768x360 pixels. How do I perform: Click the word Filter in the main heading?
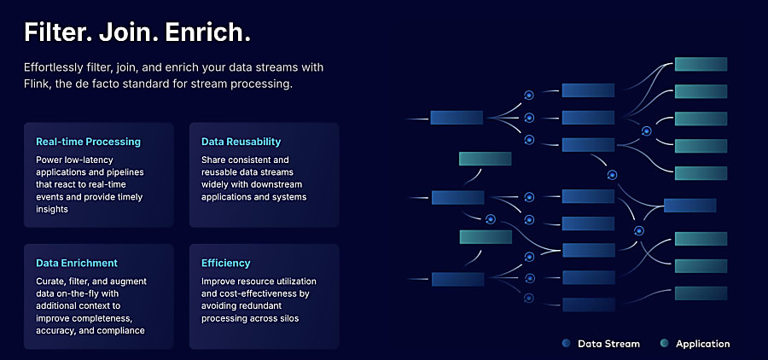pos(57,32)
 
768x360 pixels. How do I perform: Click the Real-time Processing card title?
pos(88,142)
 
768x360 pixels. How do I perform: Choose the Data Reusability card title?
pos(241,142)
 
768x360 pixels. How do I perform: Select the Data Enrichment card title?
pos(77,263)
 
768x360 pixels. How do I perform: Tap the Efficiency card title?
pos(226,263)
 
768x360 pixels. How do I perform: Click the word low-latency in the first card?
pos(87,160)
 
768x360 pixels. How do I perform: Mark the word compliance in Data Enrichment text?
pos(119,330)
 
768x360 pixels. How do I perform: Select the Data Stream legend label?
pos(608,344)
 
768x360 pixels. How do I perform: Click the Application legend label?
pos(702,344)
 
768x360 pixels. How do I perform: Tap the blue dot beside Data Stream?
pos(566,344)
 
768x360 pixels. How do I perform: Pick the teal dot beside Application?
pos(664,344)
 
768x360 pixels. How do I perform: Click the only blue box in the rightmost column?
pos(689,205)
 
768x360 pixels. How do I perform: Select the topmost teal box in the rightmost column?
pos(701,64)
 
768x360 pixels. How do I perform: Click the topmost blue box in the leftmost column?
pos(457,118)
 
